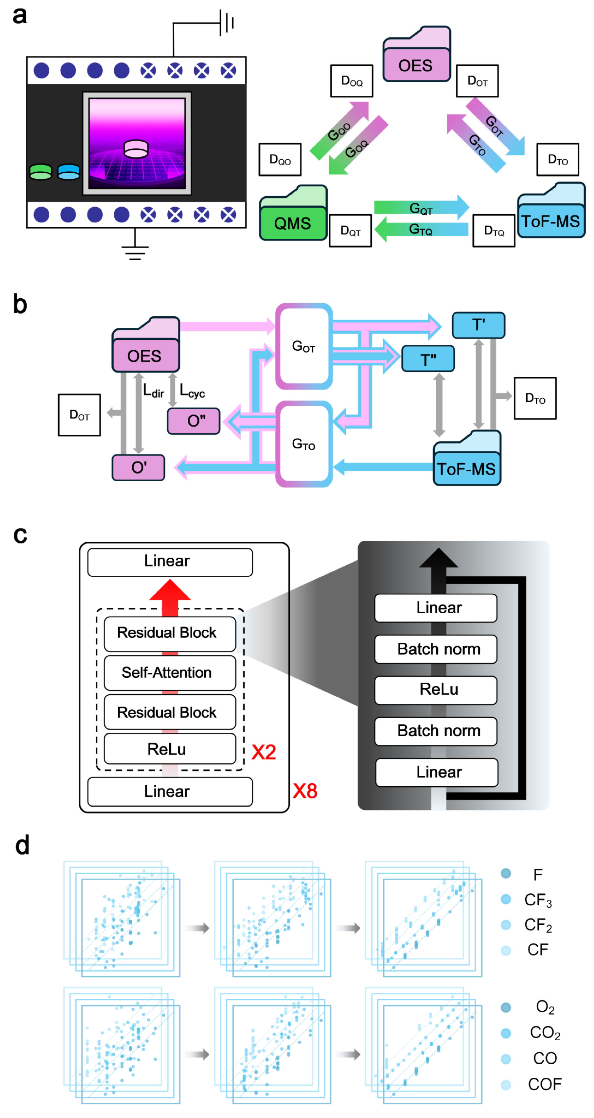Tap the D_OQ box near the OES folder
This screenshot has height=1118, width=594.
[x=351, y=81]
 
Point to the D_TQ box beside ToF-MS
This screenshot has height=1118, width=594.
[x=494, y=231]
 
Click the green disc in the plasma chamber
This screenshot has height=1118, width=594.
[x=40, y=172]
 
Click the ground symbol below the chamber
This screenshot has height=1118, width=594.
[x=135, y=252]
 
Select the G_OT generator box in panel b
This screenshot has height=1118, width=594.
[x=304, y=346]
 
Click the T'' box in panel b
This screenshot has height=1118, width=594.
[x=428, y=359]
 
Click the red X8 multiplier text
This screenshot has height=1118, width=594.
[x=305, y=791]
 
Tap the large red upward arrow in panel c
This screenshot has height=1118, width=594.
[x=170, y=594]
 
